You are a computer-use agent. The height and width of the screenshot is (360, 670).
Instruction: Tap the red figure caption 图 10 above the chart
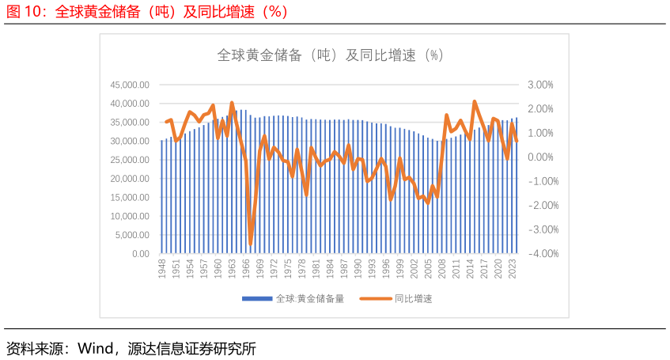click(147, 12)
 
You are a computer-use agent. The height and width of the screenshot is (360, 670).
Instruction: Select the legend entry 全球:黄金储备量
click(293, 298)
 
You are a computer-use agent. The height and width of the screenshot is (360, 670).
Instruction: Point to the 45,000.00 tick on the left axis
click(131, 85)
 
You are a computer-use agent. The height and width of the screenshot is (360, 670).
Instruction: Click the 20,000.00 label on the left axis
click(131, 179)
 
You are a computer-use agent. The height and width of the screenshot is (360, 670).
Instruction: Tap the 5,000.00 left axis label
click(133, 235)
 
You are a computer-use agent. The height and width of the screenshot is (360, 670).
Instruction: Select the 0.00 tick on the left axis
click(141, 254)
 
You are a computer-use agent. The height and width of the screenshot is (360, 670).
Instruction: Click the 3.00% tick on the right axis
click(540, 85)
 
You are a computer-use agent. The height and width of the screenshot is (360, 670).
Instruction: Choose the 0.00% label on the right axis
click(540, 157)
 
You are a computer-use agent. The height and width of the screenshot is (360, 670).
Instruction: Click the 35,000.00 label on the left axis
click(131, 123)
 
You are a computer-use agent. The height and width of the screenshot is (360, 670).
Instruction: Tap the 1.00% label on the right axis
click(540, 133)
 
